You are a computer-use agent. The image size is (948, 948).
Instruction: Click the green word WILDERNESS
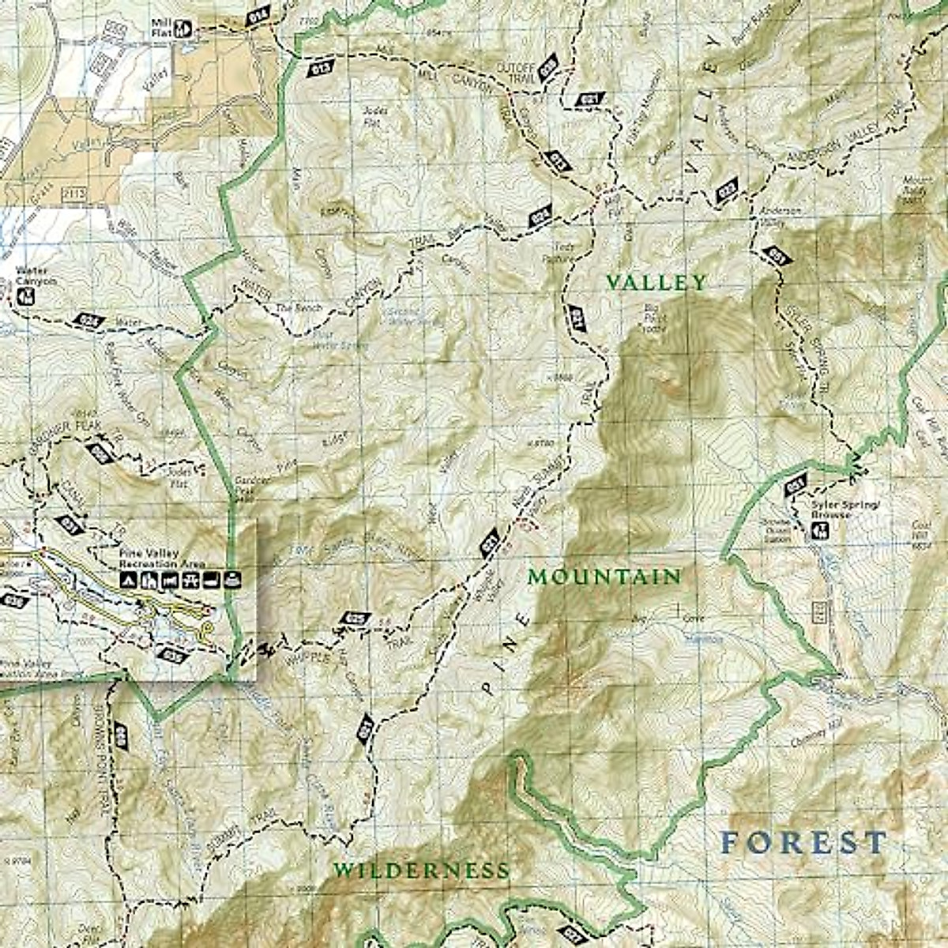pos(420,871)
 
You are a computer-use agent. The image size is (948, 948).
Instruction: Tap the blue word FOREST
pos(803,842)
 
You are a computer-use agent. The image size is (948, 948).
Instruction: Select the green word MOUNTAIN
pos(604,577)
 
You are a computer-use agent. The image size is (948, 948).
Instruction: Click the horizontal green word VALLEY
pos(656,282)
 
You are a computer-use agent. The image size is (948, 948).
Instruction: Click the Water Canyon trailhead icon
pos(27,296)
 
